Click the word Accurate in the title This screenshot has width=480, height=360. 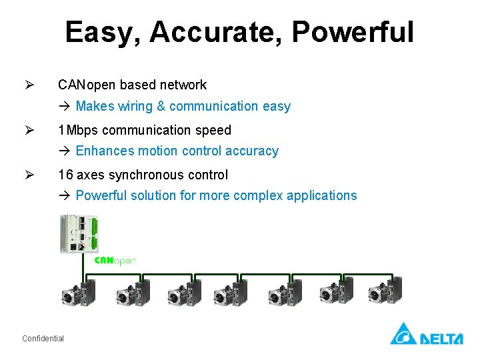pyautogui.click(x=216, y=32)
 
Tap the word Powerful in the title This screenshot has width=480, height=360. pyautogui.click(x=353, y=32)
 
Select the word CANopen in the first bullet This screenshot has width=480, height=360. pyautogui.click(x=87, y=85)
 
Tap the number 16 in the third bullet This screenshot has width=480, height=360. pyautogui.click(x=65, y=175)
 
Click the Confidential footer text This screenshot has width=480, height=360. pyautogui.click(x=43, y=339)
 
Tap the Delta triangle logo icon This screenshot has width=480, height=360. pyautogui.click(x=403, y=333)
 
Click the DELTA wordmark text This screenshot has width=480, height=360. pyautogui.click(x=441, y=339)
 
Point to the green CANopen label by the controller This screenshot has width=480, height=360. pyautogui.click(x=115, y=260)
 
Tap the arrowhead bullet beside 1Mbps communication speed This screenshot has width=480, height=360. pyautogui.click(x=29, y=130)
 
